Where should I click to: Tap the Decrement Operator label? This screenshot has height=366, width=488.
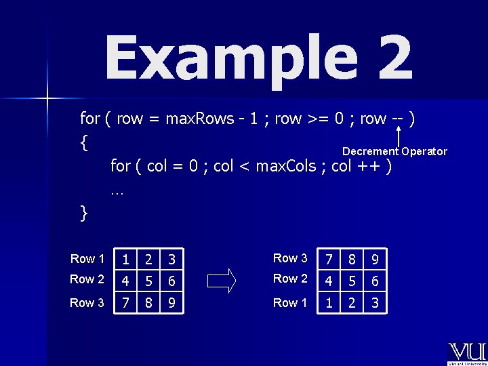tap(394, 152)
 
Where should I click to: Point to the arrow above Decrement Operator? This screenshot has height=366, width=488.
tap(400, 132)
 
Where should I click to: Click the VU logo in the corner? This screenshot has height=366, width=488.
tap(466, 353)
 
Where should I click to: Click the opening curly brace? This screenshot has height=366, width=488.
tap(83, 143)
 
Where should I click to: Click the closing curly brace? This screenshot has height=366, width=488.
tap(83, 213)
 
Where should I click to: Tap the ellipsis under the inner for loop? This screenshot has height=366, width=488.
tap(117, 192)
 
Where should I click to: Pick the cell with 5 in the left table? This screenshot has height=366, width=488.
tap(148, 280)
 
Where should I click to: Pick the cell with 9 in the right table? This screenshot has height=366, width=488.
tap(375, 260)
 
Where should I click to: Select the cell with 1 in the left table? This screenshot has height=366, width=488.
tap(125, 260)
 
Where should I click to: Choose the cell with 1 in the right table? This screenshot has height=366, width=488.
tap(329, 303)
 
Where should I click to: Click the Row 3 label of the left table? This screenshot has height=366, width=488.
tap(87, 303)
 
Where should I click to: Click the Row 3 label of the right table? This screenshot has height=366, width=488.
tap(290, 258)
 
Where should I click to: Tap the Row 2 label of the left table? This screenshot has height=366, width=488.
tap(87, 279)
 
